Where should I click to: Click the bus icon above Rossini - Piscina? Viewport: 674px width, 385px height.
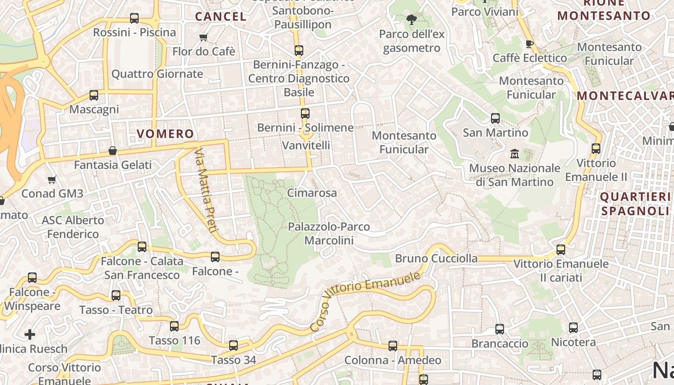click(134, 19)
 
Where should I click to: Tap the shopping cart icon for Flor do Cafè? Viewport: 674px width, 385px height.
click(203, 38)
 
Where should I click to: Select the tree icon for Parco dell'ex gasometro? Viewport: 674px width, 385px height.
click(411, 20)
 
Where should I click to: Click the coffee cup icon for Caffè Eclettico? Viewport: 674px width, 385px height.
click(530, 44)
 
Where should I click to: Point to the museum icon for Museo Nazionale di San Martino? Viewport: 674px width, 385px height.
click(515, 154)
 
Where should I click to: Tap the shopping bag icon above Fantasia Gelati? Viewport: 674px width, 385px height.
click(113, 151)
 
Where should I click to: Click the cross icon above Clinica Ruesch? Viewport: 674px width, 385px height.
click(30, 334)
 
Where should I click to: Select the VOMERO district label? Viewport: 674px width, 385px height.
click(165, 134)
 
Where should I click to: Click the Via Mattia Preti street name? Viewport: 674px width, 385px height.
click(206, 191)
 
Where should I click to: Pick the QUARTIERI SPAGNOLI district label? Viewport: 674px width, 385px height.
click(635, 204)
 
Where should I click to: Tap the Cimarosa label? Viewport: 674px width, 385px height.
click(311, 192)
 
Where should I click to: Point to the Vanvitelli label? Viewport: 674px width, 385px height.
click(306, 145)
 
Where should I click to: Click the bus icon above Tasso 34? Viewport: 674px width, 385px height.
click(233, 345)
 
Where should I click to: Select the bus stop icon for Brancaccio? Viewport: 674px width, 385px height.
click(500, 329)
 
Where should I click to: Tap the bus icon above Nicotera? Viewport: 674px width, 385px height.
click(573, 328)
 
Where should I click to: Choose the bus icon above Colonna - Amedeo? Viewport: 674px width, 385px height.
click(393, 346)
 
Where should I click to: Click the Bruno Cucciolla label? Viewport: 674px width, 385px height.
click(436, 258)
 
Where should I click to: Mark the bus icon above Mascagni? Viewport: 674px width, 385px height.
click(94, 95)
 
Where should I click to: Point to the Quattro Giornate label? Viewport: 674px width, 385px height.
click(157, 74)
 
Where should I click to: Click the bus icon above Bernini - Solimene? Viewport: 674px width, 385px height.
click(305, 114)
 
